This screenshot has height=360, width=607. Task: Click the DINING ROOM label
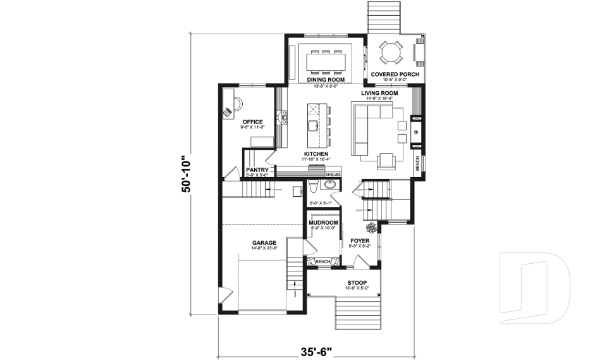click(326, 80)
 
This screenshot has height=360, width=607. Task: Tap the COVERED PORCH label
click(395, 74)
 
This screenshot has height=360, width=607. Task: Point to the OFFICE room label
click(252, 122)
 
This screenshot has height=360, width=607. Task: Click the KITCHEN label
click(315, 154)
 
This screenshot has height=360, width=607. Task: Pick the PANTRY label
click(257, 170)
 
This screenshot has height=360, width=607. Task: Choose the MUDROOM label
click(323, 223)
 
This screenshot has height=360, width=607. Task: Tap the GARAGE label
click(264, 242)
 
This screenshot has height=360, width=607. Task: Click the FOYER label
click(359, 240)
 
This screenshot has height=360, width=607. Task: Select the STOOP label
click(357, 283)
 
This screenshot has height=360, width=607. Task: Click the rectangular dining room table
click(326, 62)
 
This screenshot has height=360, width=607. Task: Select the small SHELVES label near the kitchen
click(333, 174)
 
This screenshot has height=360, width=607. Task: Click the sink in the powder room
click(329, 185)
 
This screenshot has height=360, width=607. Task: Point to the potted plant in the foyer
click(371, 227)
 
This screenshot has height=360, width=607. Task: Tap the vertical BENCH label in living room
click(417, 163)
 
